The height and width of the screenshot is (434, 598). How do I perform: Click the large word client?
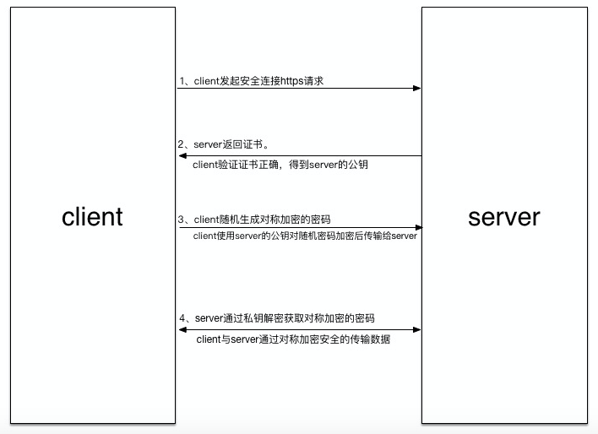click(x=92, y=216)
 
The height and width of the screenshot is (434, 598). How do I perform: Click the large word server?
click(x=503, y=216)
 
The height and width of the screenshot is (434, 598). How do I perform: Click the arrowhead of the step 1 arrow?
click(x=417, y=88)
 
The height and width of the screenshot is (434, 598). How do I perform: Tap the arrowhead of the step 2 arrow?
click(x=182, y=155)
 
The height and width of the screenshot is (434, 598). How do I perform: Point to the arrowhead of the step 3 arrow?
click(x=417, y=227)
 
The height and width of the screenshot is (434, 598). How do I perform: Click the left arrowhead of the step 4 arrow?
click(x=182, y=329)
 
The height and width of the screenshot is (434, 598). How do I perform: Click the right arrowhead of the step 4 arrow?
click(x=417, y=329)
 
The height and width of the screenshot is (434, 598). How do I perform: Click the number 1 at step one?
click(x=182, y=81)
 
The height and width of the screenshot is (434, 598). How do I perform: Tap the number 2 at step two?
click(x=182, y=144)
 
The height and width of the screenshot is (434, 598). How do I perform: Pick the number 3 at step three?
click(x=182, y=220)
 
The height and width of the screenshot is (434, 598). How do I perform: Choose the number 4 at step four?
click(x=182, y=318)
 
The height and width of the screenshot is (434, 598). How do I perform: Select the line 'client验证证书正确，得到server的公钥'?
click(x=280, y=165)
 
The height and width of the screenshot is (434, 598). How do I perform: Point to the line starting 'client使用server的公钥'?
click(x=305, y=236)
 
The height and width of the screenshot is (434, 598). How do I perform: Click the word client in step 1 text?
click(x=207, y=81)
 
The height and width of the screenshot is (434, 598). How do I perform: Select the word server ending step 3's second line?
click(x=405, y=236)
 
